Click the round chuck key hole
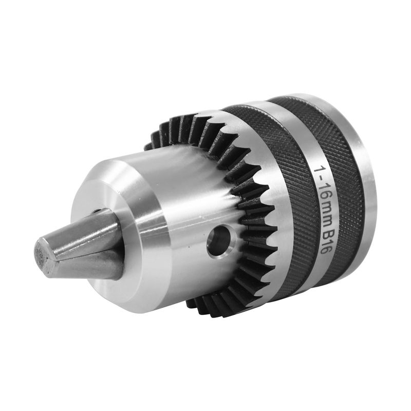[219, 241]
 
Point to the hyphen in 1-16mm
[320, 180]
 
